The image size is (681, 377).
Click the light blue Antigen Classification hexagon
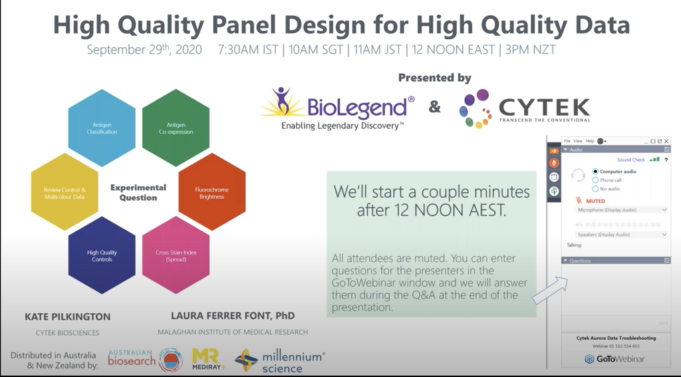click(102, 128)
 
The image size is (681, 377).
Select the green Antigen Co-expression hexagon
click(176, 128)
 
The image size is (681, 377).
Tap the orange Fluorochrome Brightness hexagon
click(212, 192)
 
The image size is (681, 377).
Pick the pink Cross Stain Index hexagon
click(176, 255)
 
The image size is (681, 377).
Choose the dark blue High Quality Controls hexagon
click(102, 255)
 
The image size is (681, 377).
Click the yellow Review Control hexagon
click(65, 192)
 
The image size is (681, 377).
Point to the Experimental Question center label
click(138, 192)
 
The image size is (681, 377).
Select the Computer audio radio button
click(595, 172)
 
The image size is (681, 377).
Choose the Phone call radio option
click(595, 180)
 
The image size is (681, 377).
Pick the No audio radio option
click(595, 189)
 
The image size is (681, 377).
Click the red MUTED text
click(595, 200)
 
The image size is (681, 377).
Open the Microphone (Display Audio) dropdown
click(621, 210)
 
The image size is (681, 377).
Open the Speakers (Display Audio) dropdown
click(621, 235)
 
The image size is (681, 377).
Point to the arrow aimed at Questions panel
click(550, 291)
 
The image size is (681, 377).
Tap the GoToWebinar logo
click(615, 359)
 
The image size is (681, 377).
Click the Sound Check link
click(630, 160)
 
